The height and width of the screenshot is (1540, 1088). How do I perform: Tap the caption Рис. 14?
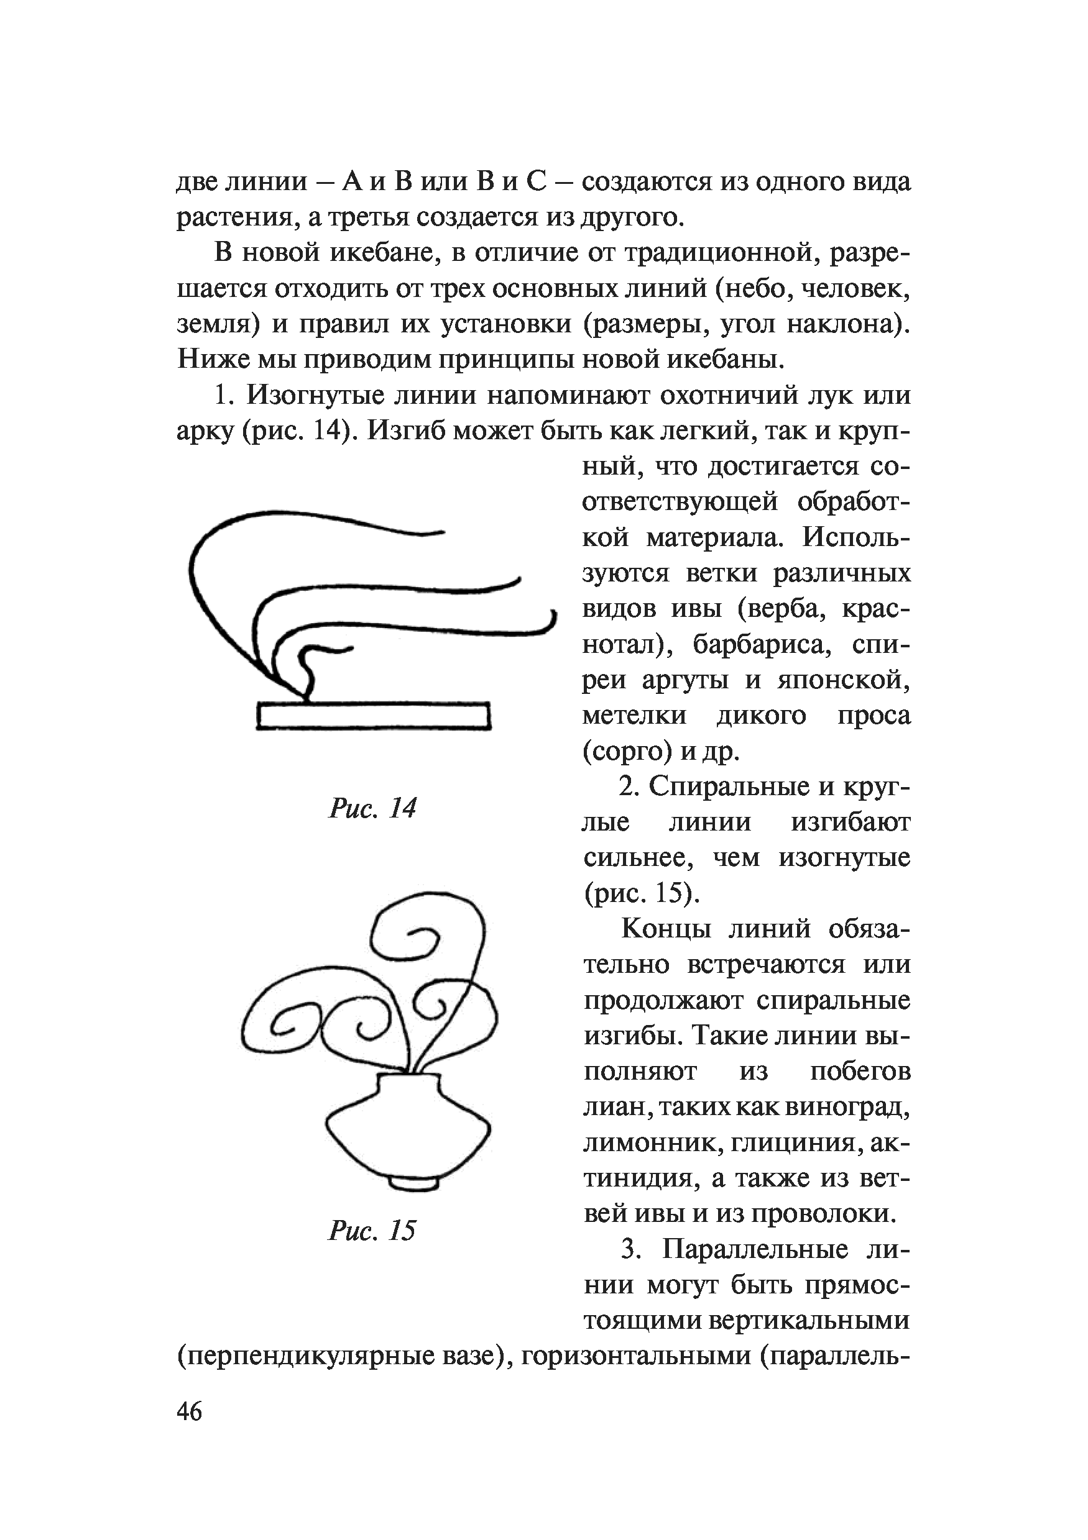pyautogui.click(x=372, y=808)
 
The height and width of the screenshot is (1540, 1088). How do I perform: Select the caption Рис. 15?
pyautogui.click(x=372, y=1230)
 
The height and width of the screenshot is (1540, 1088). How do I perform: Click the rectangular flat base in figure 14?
pyautogui.click(x=374, y=716)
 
